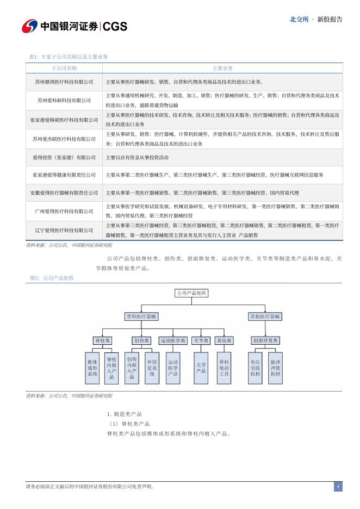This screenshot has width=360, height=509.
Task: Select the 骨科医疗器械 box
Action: (142, 316)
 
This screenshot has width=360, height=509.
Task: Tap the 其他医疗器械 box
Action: (265, 316)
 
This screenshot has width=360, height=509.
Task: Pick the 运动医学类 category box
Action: (173, 340)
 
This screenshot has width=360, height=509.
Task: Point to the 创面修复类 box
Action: (265, 340)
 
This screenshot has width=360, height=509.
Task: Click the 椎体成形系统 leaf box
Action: (92, 368)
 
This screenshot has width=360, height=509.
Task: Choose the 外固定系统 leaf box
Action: (152, 368)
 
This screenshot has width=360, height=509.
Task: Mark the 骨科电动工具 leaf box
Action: (224, 368)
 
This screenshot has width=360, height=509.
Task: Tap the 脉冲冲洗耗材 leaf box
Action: (275, 368)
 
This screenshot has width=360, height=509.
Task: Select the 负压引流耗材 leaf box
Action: (255, 368)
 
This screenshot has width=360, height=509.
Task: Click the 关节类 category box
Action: (201, 340)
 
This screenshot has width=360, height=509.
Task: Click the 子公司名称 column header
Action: (64, 68)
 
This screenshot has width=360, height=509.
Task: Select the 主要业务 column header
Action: (222, 68)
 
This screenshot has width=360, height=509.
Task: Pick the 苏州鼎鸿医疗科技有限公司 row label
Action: (64, 82)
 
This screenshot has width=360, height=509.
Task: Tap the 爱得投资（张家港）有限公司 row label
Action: (64, 157)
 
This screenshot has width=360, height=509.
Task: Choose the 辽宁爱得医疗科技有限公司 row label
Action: (64, 231)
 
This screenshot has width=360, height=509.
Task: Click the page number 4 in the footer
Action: (338, 487)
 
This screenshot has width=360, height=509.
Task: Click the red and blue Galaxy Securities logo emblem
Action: (29, 26)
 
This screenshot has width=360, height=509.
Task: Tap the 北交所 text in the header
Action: (299, 19)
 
